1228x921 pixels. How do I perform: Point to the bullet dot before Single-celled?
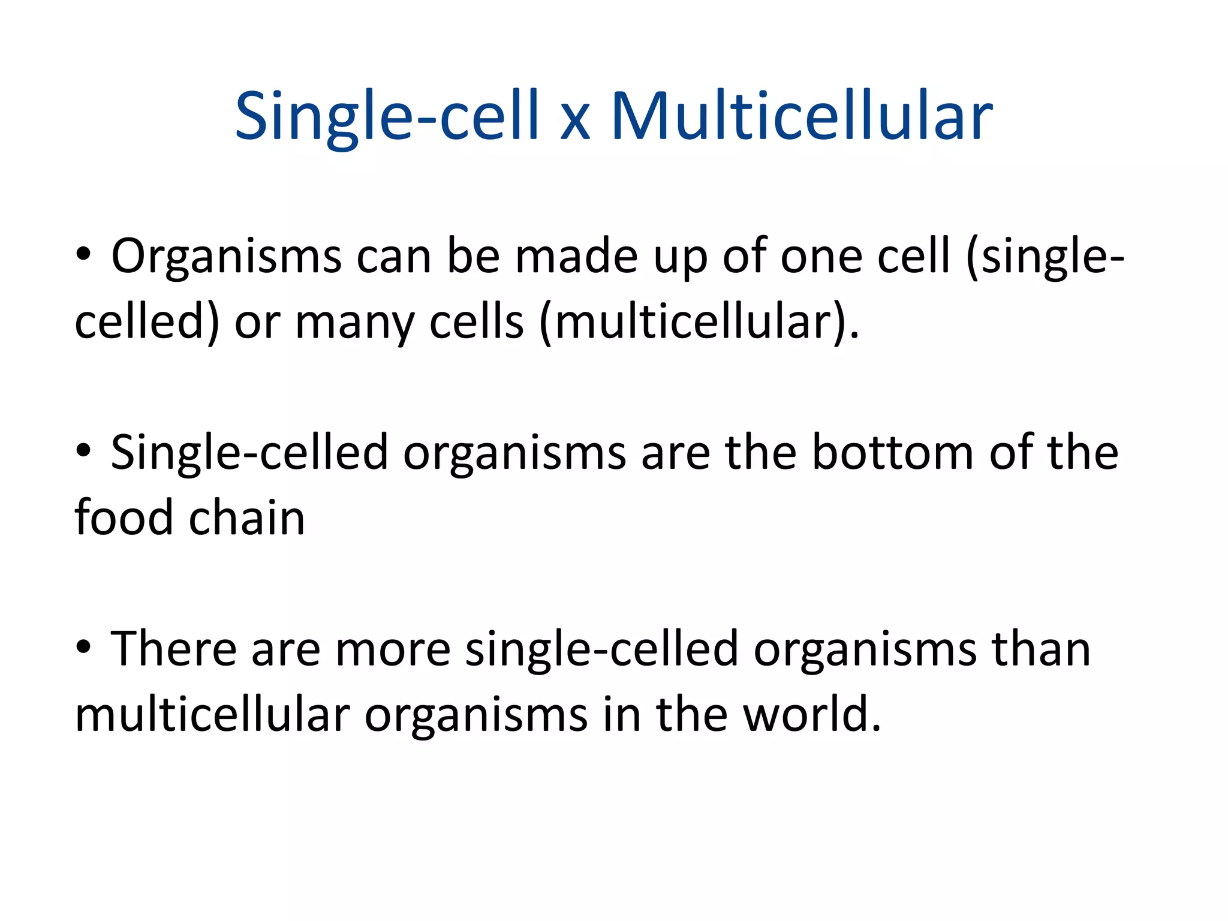84,450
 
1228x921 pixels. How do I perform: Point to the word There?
173,649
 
